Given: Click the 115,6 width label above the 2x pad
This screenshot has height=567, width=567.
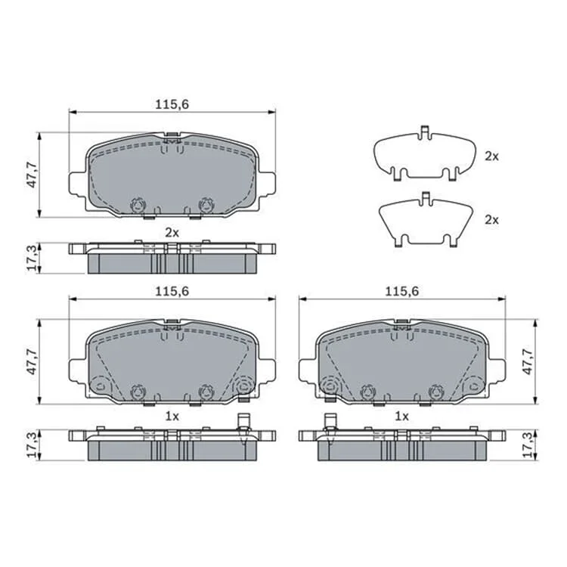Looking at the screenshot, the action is [172, 104].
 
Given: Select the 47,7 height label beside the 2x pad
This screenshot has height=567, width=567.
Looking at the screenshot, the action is [33, 175].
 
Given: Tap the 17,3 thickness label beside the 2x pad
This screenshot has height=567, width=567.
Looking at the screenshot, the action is [33, 259].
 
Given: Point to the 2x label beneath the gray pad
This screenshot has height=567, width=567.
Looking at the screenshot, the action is [172, 233].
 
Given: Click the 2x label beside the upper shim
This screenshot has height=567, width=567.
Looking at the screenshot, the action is [491, 156].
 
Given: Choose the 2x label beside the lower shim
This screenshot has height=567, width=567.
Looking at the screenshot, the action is [491, 219].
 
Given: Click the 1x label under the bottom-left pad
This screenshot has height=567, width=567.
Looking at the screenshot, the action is [172, 417].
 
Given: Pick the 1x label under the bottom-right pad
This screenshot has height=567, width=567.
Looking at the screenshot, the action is [401, 417].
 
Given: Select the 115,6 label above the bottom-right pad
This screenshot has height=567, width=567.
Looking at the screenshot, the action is [401, 291].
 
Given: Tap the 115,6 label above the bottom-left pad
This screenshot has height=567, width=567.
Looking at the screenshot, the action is [172, 291].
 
